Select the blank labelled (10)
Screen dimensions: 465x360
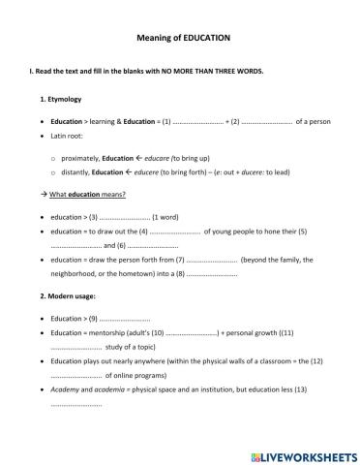pyautogui.click(x=191, y=332)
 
